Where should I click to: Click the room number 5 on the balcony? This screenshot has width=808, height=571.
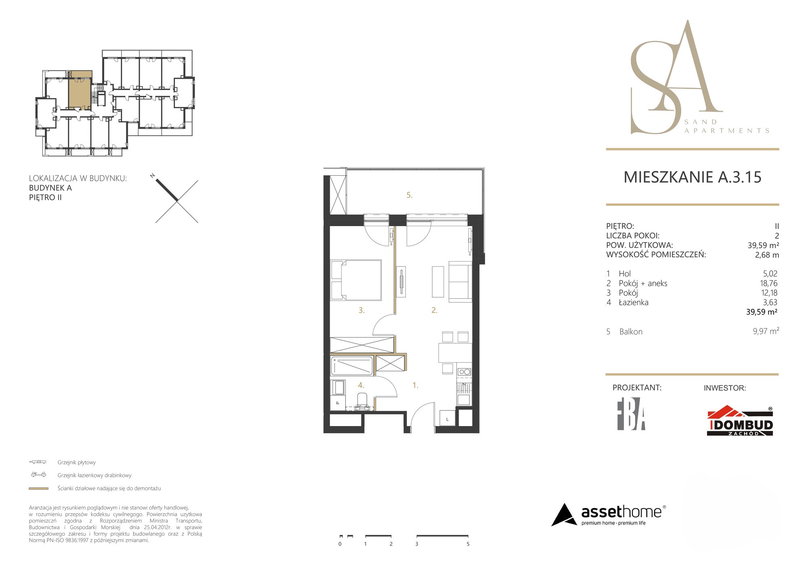point(409,195)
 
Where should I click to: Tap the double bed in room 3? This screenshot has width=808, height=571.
point(356,280)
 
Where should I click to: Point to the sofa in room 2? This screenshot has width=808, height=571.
point(461,281)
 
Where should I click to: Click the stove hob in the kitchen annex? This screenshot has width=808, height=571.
point(464,372)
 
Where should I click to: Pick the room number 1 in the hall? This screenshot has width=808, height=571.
point(415,385)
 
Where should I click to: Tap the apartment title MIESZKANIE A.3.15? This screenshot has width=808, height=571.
point(692,177)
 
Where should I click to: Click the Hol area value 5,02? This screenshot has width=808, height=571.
point(770,274)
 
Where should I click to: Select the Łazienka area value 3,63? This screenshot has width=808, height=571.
point(770,302)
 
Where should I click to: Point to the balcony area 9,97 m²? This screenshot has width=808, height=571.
point(766,331)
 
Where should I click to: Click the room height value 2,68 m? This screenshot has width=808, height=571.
point(767,255)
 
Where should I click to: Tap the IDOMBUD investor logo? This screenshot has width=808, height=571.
point(740,421)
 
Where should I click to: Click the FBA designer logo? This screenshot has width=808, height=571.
point(631,417)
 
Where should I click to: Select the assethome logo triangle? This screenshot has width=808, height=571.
point(564,515)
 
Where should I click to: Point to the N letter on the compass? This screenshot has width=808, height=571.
point(153,176)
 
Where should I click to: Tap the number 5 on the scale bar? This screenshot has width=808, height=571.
point(468,544)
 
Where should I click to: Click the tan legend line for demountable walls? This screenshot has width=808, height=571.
point(39,489)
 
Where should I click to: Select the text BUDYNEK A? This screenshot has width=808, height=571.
point(50,188)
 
